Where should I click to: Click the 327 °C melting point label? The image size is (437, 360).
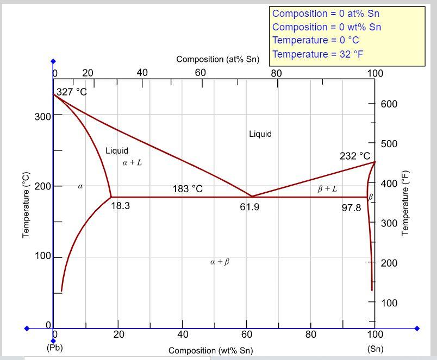(x=72, y=92)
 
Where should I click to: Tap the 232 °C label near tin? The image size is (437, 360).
(x=355, y=156)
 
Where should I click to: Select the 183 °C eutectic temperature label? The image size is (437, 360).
(x=188, y=189)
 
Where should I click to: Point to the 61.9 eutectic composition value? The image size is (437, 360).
(x=249, y=207)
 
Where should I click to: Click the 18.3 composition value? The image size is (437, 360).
(x=120, y=206)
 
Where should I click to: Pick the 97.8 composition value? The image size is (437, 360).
(x=351, y=207)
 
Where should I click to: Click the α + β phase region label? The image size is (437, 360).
(x=220, y=262)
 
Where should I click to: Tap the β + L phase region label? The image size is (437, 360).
(x=327, y=189)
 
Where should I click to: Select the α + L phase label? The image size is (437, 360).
(x=132, y=162)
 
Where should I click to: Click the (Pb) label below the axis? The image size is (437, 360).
(x=54, y=347)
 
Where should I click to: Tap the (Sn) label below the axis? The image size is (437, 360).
(x=375, y=349)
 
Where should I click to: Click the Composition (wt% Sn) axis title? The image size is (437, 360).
(x=210, y=351)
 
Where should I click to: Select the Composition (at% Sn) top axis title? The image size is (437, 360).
(x=217, y=59)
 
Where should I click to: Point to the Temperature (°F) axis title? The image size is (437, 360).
(x=404, y=203)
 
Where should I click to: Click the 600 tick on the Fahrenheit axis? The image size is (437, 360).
(x=389, y=104)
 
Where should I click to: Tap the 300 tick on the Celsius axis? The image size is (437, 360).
(x=43, y=116)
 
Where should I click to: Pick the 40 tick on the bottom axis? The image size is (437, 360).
(x=183, y=334)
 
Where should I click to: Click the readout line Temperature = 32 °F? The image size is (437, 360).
(x=317, y=54)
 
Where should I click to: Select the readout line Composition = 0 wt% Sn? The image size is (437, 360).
(x=326, y=27)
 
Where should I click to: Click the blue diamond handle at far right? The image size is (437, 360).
(x=417, y=329)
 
